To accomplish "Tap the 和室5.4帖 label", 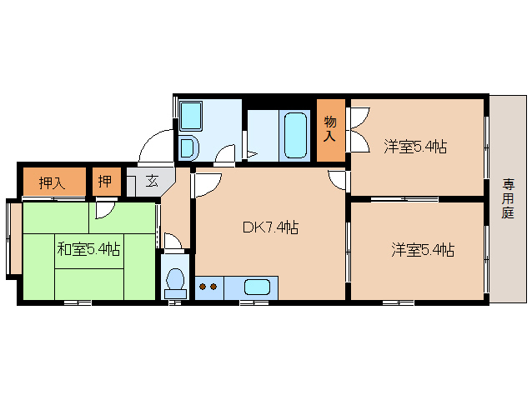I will point(88,248).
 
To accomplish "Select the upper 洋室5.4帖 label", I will point(414,147).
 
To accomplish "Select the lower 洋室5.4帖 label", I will point(423,249).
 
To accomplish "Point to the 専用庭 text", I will point(508,197).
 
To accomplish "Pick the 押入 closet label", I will point(52,182).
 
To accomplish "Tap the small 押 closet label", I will point(106,182).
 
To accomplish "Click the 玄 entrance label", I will point(151,181).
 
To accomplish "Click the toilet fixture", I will point(176,282).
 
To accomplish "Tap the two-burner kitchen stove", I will point(208,287).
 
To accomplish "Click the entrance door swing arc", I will point(155,147).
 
